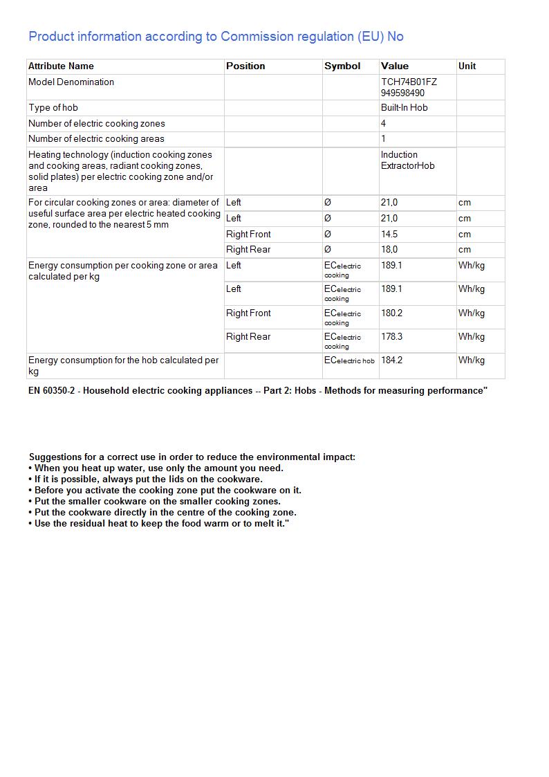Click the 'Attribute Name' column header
pos(61,66)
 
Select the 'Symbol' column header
pos(342,66)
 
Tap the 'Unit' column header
pos(467,66)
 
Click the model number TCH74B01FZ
pos(409,82)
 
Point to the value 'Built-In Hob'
pos(404,108)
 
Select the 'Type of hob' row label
pos(53,108)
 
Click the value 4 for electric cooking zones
pos(383,124)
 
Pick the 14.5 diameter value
pos(389,235)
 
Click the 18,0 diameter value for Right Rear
pos(389,250)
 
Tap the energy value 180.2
pos(391,313)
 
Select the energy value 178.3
pos(391,337)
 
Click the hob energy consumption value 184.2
pos(391,360)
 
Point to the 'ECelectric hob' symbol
pos(349,360)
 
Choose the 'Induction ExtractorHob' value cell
pos(407,161)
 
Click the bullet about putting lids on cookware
pos(146,479)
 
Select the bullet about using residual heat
pos(158,524)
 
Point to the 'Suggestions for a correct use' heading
pos(192,457)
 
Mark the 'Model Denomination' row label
pos(71,82)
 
